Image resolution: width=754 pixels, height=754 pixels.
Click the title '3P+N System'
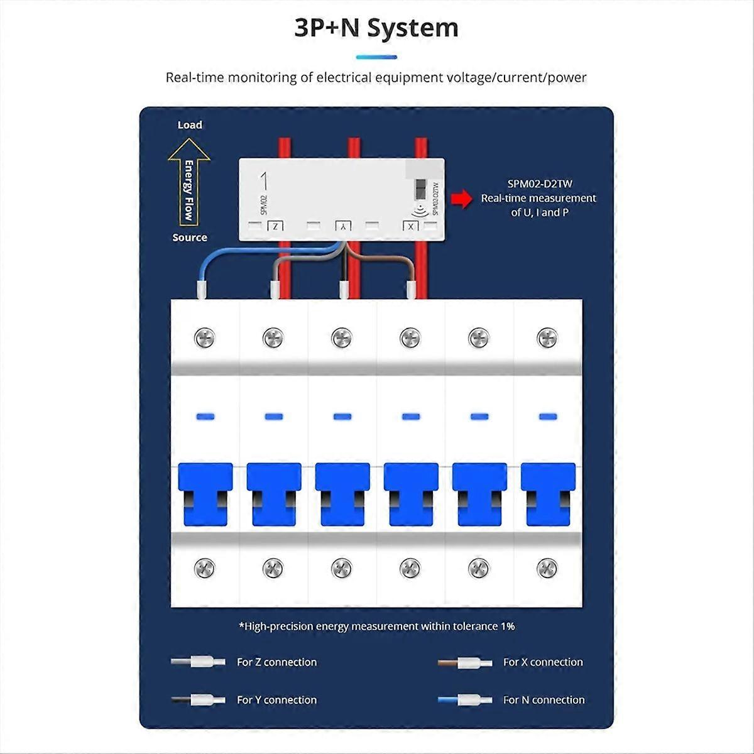click(x=376, y=29)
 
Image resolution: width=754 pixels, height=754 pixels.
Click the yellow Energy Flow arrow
click(x=188, y=182)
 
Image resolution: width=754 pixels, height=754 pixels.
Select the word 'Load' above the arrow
click(x=190, y=125)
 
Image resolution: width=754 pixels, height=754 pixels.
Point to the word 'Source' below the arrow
click(x=190, y=238)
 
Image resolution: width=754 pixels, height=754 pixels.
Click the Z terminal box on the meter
click(x=276, y=226)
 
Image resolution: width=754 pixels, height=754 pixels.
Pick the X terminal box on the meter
click(x=410, y=226)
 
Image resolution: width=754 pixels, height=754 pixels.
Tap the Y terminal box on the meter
click(x=342, y=226)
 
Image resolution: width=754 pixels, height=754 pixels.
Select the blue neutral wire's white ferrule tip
click(x=202, y=290)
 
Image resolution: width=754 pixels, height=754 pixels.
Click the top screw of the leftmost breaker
click(x=205, y=338)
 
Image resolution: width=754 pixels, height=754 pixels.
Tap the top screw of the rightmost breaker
click(x=547, y=338)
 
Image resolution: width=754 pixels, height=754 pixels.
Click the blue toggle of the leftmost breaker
click(x=205, y=494)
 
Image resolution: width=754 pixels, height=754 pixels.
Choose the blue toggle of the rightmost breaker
click(x=548, y=494)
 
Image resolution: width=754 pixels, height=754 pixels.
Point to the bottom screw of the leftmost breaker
click(x=205, y=568)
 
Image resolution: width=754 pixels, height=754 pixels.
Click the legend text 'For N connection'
click(x=544, y=700)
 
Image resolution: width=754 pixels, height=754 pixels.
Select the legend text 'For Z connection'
click(x=276, y=662)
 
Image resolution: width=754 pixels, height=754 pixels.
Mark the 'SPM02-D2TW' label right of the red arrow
click(x=540, y=184)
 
